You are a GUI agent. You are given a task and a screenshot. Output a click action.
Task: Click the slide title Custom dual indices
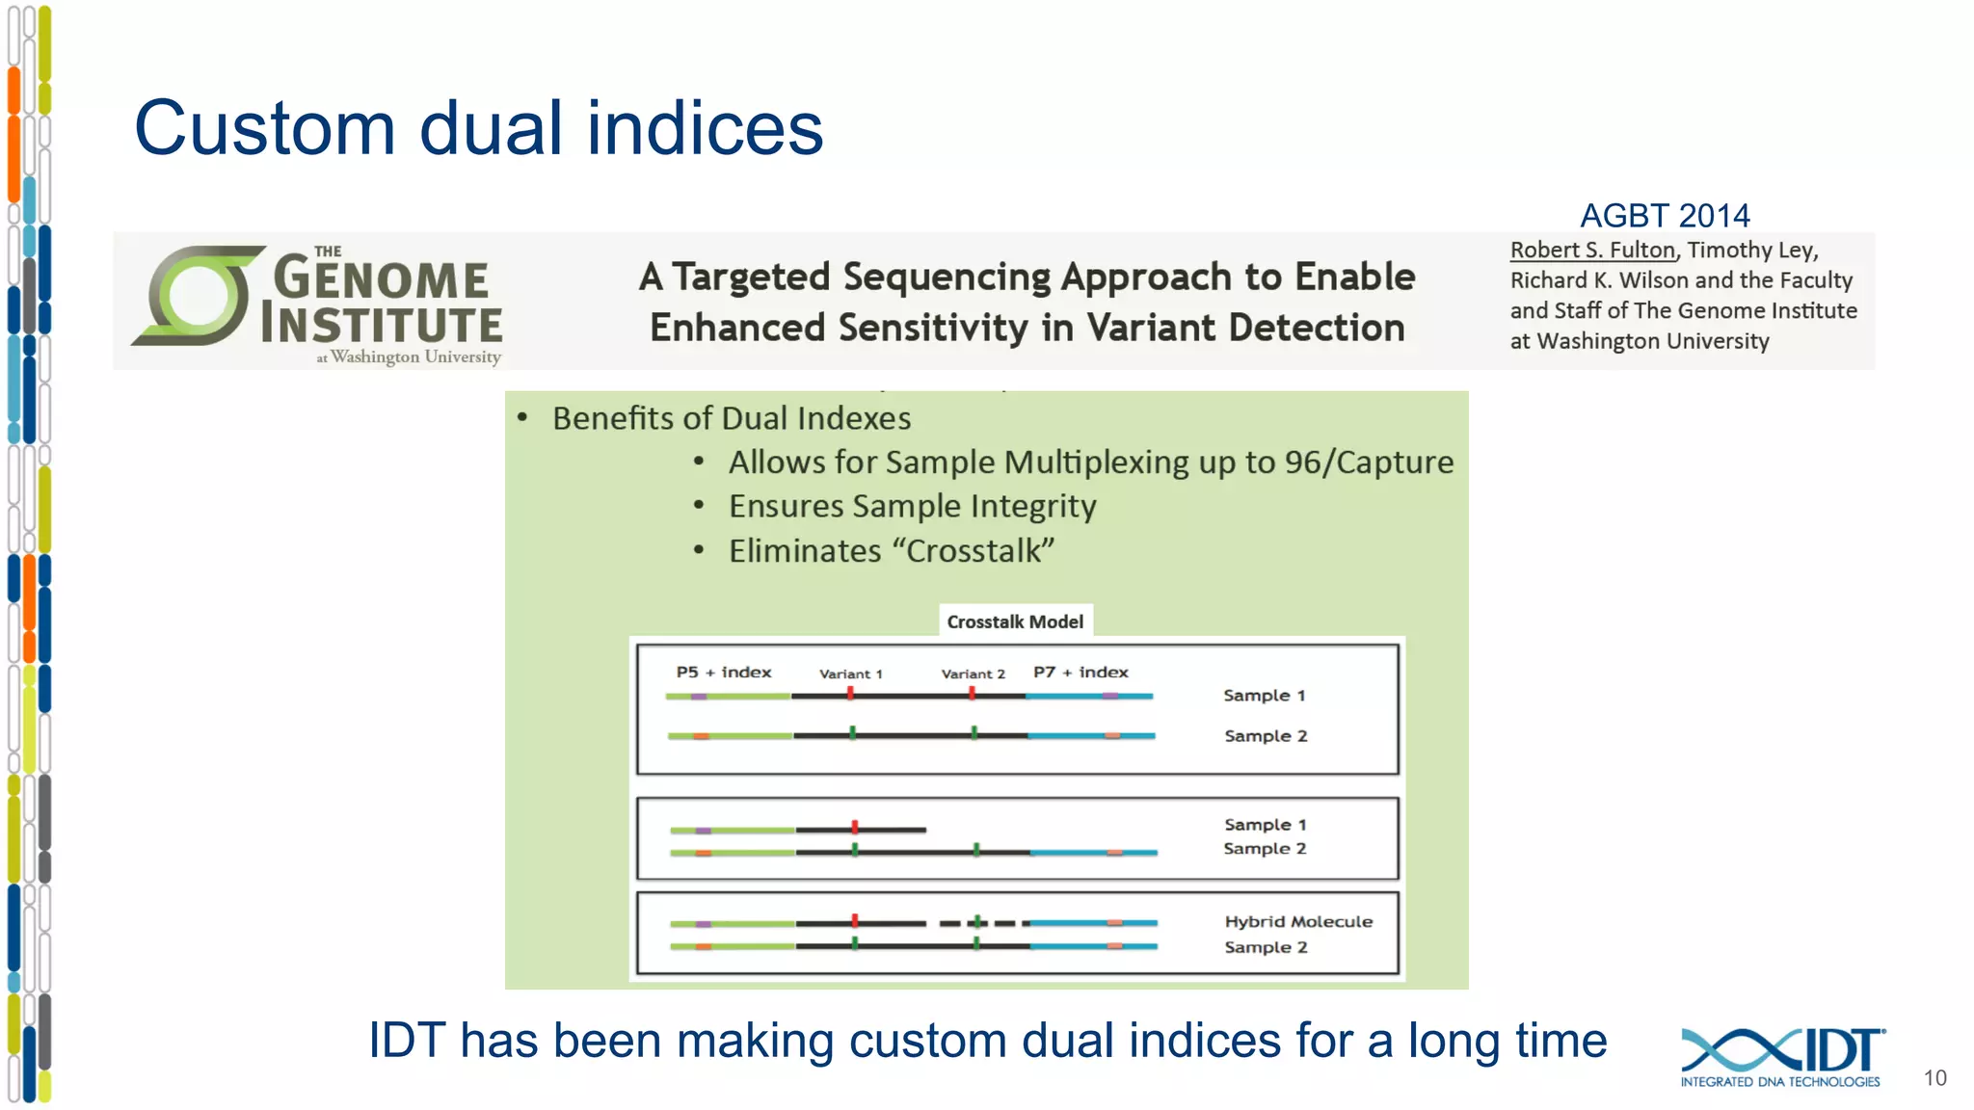pos(478,128)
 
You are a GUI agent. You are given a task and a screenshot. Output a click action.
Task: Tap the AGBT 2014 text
pos(1665,215)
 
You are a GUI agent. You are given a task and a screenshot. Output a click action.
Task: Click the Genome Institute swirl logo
pos(198,296)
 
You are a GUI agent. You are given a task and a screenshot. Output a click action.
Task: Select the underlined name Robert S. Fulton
pos(1592,251)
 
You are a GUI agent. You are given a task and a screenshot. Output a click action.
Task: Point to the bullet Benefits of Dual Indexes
pos(731,418)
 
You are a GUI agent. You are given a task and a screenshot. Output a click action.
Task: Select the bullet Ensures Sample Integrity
pos(912,507)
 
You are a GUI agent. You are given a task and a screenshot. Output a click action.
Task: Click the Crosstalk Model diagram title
pos(1015,621)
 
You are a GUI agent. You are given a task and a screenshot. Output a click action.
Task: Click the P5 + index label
pos(723,672)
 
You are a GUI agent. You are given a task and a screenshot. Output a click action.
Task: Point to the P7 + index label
pos(1080,672)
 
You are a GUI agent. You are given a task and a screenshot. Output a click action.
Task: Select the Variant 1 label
pos(850,674)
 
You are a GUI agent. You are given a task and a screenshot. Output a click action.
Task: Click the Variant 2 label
pos(973,674)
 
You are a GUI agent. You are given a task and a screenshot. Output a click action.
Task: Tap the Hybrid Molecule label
pos(1298,921)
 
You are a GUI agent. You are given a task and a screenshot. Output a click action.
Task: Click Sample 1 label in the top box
pos(1264,695)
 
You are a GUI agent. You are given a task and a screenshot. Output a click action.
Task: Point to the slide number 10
pos(1934,1078)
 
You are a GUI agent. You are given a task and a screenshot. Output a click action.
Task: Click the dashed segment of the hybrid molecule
pos(977,923)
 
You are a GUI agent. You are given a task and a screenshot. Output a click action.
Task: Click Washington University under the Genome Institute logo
pos(415,357)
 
